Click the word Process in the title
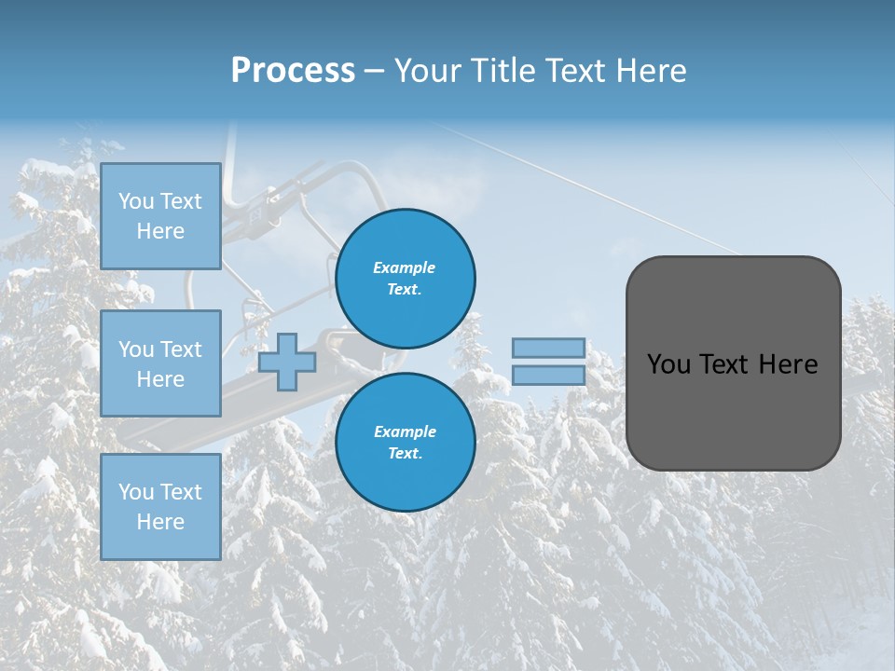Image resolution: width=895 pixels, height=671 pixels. (x=293, y=71)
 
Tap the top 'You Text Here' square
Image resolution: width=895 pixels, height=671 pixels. (x=160, y=216)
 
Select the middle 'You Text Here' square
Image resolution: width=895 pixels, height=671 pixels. (x=160, y=363)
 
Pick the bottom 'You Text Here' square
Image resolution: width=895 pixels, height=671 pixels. (x=160, y=506)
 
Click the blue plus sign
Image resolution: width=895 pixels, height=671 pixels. (x=287, y=362)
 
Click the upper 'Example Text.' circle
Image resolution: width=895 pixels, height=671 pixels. (x=405, y=278)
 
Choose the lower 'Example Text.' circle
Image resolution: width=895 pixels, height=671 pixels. (x=405, y=442)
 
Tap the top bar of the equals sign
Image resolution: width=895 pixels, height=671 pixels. (x=548, y=348)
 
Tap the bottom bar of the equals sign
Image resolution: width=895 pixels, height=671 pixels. (x=548, y=375)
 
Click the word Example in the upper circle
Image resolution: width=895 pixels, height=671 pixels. (x=405, y=267)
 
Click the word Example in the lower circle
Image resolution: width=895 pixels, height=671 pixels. (x=405, y=431)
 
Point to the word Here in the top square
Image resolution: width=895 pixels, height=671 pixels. (x=160, y=231)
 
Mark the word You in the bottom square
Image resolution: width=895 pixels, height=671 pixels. (x=137, y=492)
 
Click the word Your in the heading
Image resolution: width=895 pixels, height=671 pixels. (x=430, y=71)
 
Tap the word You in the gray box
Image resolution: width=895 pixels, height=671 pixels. (x=668, y=364)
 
